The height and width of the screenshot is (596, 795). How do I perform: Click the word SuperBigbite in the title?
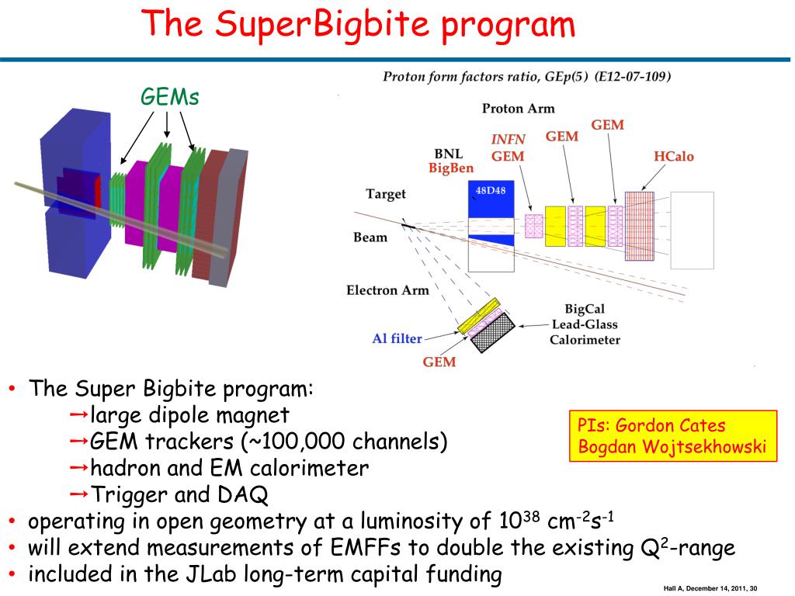click(321, 23)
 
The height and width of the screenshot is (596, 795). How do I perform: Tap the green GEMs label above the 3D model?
click(169, 97)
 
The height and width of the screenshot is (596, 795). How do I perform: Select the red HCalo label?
click(673, 157)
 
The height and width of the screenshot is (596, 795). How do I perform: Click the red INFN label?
click(508, 140)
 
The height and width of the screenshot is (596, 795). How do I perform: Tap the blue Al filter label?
click(397, 338)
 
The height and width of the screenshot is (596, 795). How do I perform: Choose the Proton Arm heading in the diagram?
click(518, 109)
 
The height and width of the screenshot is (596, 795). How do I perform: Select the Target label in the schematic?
click(386, 194)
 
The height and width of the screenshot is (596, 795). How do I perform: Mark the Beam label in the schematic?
click(370, 237)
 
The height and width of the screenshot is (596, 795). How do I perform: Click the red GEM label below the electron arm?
click(439, 362)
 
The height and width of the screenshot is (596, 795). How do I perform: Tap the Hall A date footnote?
click(710, 587)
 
